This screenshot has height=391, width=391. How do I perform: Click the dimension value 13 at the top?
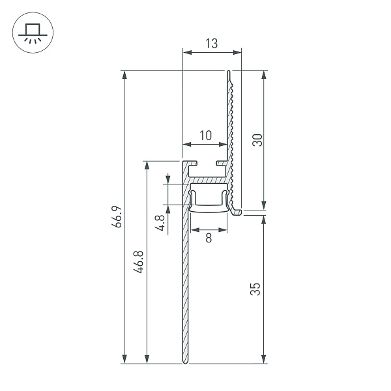[x=212, y=44]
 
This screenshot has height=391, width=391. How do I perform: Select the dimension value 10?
[x=205, y=136]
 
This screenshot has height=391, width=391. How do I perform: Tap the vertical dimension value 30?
[x=257, y=139]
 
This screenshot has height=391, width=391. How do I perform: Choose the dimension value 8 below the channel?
[x=209, y=238]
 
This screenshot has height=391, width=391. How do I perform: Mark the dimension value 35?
[x=257, y=287]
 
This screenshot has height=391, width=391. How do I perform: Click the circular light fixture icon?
[x=31, y=31]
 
